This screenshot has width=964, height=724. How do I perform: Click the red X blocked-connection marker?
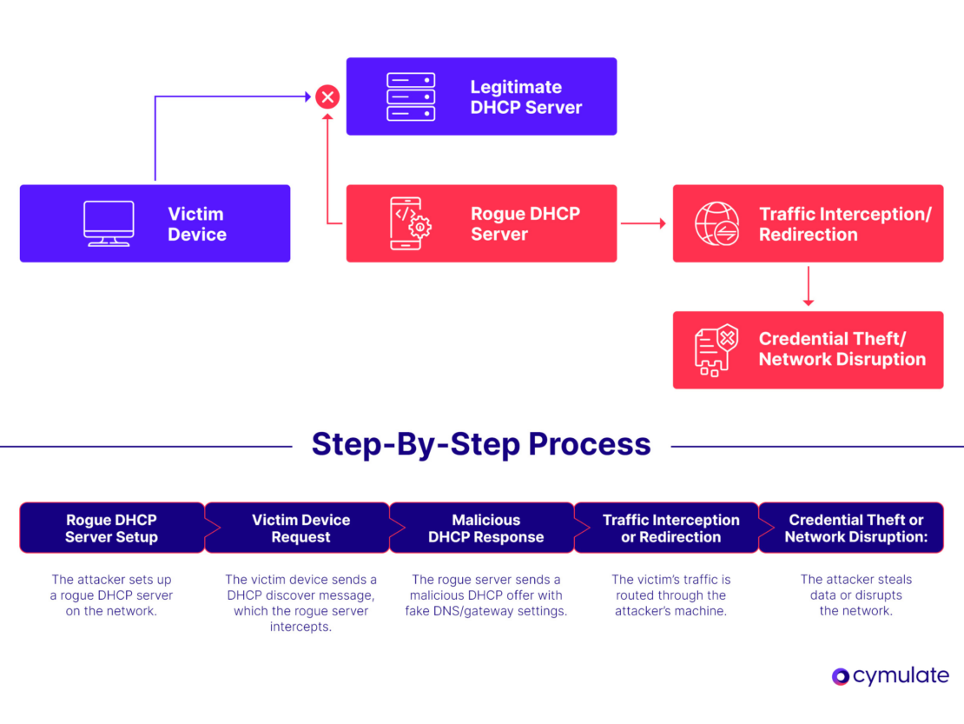point(327,96)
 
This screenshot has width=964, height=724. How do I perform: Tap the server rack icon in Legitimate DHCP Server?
point(410,96)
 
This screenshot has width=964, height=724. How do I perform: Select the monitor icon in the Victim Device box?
point(109,223)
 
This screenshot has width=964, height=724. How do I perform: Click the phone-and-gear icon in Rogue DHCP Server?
point(410,223)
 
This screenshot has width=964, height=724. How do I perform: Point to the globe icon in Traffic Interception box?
point(716,223)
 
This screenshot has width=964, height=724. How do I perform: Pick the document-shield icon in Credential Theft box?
point(716,350)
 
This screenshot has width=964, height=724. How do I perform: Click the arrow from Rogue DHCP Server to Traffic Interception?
point(644,223)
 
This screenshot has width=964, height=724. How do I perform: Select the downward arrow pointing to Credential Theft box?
point(808,286)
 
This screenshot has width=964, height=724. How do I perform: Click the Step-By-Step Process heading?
point(481,444)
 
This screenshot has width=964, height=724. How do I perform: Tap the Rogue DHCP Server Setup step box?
point(111,528)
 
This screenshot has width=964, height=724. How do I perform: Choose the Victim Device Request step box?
point(300,528)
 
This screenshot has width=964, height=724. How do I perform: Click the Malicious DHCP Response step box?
point(485,528)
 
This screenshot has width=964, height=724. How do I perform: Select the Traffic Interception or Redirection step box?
point(670,528)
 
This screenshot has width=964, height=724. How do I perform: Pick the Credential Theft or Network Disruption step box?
point(855,528)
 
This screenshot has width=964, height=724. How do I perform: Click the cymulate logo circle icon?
point(840,676)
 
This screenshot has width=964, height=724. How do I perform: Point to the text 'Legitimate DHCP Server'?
point(525,97)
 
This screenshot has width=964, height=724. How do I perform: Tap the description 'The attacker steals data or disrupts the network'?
point(855,594)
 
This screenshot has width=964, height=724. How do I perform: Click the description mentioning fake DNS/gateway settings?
point(485,594)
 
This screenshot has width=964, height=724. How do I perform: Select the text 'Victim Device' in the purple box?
point(196,224)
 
